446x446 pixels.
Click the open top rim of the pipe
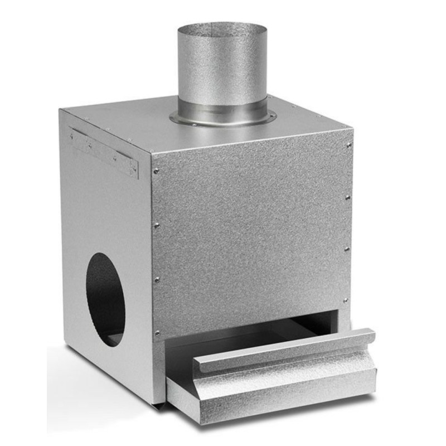222,27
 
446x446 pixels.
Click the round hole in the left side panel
105,298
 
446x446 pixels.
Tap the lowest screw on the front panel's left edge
157,333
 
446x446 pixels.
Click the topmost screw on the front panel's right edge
349,145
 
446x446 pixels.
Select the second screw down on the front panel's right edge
348,197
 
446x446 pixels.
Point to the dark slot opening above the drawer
268,329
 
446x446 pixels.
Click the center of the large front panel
251,234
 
